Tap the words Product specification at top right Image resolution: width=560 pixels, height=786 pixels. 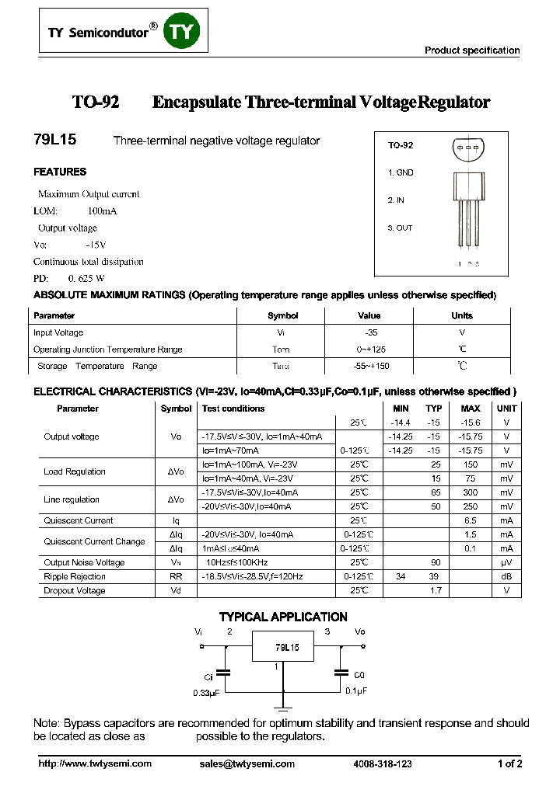point(471,50)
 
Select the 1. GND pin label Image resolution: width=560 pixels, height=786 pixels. point(401,172)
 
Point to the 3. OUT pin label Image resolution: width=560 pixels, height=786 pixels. point(400,228)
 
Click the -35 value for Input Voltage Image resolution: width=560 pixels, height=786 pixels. point(369,332)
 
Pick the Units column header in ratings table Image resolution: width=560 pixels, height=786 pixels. point(462,316)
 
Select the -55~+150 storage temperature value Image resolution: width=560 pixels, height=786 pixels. point(370,366)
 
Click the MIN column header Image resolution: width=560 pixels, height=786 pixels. point(401,409)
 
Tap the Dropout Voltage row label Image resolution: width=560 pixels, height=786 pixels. point(75,590)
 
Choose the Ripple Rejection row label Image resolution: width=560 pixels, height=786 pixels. point(75,576)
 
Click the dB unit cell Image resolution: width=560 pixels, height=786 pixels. point(506,576)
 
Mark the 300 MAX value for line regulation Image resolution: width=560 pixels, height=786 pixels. point(471,492)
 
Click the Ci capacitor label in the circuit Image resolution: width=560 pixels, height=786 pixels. point(208,676)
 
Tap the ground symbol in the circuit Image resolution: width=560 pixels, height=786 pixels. point(283,706)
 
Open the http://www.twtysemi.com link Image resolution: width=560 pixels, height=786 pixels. point(95,764)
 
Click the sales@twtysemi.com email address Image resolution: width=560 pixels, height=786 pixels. point(247,764)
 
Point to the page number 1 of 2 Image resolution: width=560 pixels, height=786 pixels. point(509,764)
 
